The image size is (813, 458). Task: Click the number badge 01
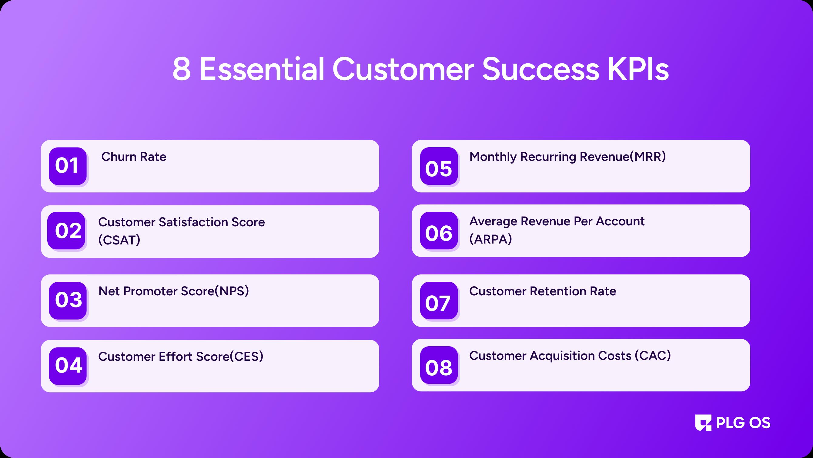pos(68,166)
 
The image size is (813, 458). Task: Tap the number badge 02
pos(66,231)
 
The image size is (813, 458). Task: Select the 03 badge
pos(68,300)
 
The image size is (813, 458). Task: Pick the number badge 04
pos(68,366)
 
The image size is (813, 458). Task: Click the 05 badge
pos(439,166)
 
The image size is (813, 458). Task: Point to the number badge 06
pos(439,231)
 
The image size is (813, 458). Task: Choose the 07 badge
pos(439,300)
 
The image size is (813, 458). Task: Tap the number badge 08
pos(439,365)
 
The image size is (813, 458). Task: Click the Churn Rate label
pos(134,157)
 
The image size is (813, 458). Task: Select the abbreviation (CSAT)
pos(119,240)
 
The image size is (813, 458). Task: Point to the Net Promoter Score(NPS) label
pos(174,291)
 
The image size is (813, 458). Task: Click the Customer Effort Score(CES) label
pos(181,357)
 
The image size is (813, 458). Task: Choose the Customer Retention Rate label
pos(543,291)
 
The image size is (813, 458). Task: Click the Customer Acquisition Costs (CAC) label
pos(570,356)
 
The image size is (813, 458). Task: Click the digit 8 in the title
pos(182,69)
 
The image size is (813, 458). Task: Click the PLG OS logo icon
pos(703,423)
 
